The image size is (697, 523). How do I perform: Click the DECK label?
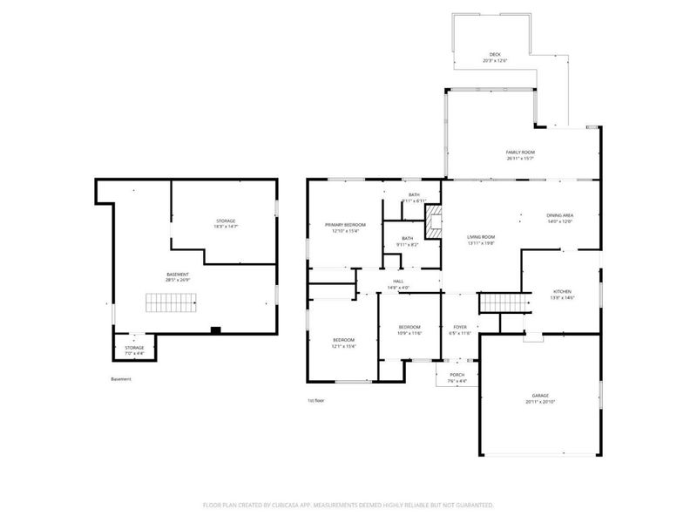point(495,54)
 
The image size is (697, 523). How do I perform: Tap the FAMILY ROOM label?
point(520,152)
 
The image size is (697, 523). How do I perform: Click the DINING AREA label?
point(559,215)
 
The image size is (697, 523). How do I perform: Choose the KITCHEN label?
point(562,292)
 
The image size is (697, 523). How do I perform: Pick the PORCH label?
point(457,375)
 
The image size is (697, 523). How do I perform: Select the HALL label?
point(398,281)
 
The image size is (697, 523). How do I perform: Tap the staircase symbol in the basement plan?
point(165,303)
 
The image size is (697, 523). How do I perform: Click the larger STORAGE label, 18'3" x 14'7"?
point(226,221)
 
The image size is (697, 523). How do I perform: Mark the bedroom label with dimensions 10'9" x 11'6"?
point(409,327)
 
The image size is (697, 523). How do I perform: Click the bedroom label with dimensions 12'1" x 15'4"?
point(343,339)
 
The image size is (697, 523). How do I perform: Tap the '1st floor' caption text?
point(315,400)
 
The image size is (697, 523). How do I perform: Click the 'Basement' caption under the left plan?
point(121,379)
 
